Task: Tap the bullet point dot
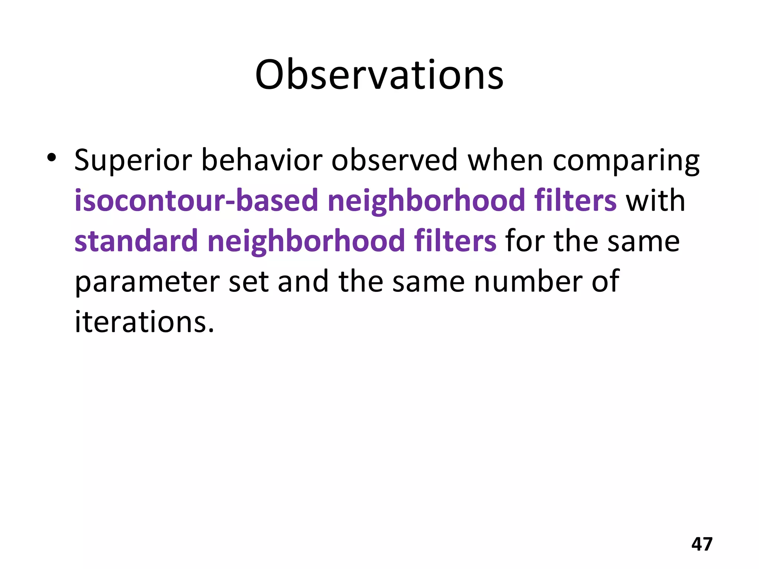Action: point(52,158)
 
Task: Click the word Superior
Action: point(133,161)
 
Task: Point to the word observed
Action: point(394,161)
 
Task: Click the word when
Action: point(505,161)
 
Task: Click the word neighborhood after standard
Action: point(306,241)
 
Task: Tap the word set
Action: point(248,282)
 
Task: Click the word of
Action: point(605,282)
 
